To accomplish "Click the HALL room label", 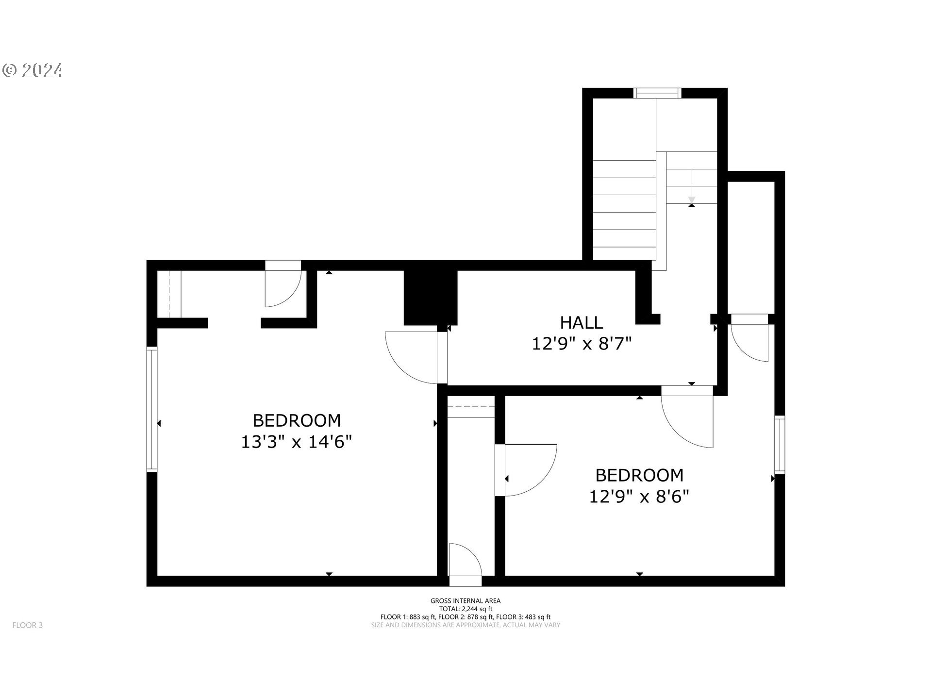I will tap(581, 323).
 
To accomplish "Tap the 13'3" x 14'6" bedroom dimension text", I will tap(296, 442).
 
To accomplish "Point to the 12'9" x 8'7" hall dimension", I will tap(582, 344).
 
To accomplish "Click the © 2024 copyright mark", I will tap(33, 71).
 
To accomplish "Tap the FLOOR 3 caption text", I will tap(28, 625).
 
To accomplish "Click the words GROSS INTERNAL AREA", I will tap(465, 601).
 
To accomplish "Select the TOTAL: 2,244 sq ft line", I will tap(465, 609).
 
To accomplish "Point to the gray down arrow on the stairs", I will tap(692, 200).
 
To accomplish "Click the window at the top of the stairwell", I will tap(658, 93).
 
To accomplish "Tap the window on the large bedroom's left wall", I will tap(152, 409).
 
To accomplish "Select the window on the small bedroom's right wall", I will tap(779, 445).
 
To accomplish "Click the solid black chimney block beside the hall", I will tap(430, 297).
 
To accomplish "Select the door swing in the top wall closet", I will tap(283, 289).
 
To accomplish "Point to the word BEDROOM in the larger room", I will tap(297, 420).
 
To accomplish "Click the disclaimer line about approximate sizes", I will tap(465, 625).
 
